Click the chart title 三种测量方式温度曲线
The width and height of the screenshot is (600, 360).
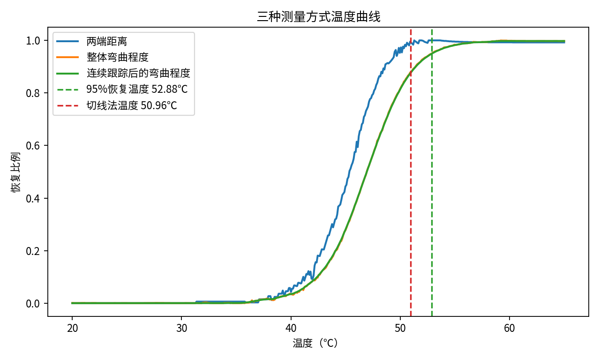(318, 17)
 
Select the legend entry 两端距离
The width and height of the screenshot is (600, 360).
(107, 41)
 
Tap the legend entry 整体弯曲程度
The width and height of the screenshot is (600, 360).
(117, 58)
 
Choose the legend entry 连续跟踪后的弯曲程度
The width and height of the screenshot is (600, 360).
(138, 74)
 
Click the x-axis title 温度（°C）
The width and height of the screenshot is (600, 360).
(315, 344)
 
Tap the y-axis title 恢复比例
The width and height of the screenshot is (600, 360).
(16, 172)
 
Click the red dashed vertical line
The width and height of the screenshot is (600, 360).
(411, 187)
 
